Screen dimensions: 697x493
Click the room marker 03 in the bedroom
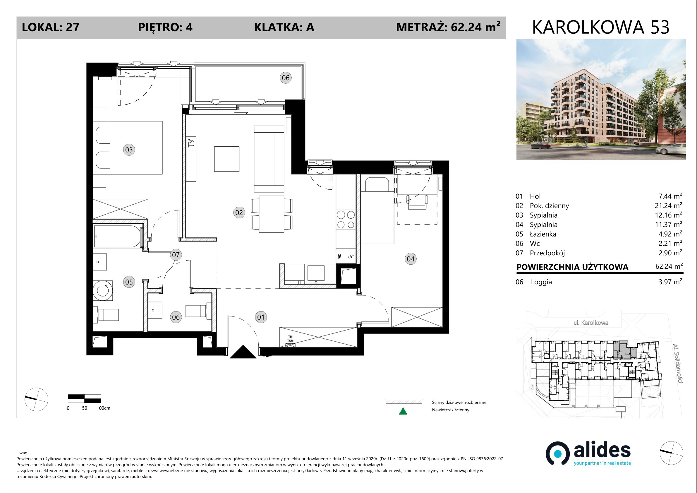pyautogui.click(x=129, y=150)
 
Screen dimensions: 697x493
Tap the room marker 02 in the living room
pyautogui.click(x=239, y=212)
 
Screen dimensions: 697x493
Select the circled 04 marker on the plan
pyautogui.click(x=411, y=259)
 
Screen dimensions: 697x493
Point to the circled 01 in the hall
pyautogui.click(x=261, y=317)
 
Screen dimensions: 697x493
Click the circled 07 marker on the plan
pyautogui.click(x=176, y=254)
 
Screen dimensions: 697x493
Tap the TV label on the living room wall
pyautogui.click(x=191, y=143)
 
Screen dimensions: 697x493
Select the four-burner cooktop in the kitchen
pyautogui.click(x=346, y=220)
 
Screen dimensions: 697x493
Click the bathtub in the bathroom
pyautogui.click(x=117, y=236)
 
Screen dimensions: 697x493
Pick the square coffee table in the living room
pyautogui.click(x=227, y=159)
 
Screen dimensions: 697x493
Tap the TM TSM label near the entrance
pyautogui.click(x=291, y=339)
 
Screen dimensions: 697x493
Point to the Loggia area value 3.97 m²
pyautogui.click(x=670, y=282)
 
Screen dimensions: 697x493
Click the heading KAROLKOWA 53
pyautogui.click(x=601, y=27)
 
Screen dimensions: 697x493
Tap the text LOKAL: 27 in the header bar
pyautogui.click(x=51, y=27)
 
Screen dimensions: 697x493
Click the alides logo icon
pyautogui.click(x=557, y=453)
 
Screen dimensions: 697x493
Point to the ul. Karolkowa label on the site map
pyautogui.click(x=590, y=323)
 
